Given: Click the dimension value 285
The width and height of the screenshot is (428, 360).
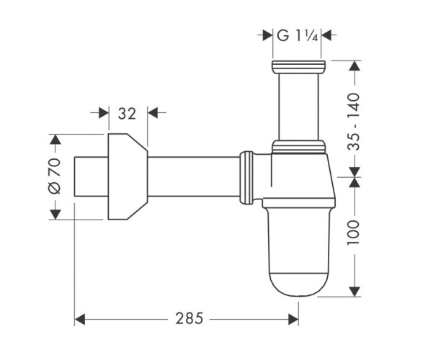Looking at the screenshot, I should (187, 317).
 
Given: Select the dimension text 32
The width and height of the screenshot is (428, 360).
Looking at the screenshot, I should (127, 112).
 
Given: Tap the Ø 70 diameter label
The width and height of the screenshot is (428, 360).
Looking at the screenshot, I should (54, 176).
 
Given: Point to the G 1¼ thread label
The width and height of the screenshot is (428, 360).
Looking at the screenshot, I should (298, 34).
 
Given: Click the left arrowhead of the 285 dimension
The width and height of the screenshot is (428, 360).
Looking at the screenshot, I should (80, 317).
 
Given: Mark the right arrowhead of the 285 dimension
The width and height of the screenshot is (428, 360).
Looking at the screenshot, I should (294, 317).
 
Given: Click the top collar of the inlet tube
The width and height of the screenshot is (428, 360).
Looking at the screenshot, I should (298, 68).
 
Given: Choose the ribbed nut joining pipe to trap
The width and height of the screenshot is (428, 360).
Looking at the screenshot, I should (247, 176).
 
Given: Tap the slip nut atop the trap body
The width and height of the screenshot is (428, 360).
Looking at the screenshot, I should (298, 148).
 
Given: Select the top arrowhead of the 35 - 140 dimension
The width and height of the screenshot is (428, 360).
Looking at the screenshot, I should (353, 65).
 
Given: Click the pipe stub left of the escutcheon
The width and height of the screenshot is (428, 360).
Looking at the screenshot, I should (91, 176).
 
